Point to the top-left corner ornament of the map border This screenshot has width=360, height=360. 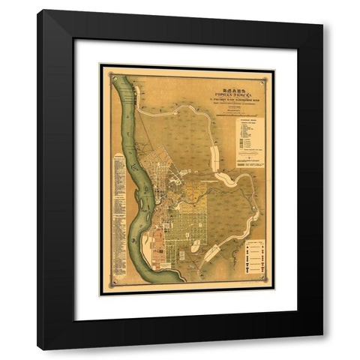[111, 74]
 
